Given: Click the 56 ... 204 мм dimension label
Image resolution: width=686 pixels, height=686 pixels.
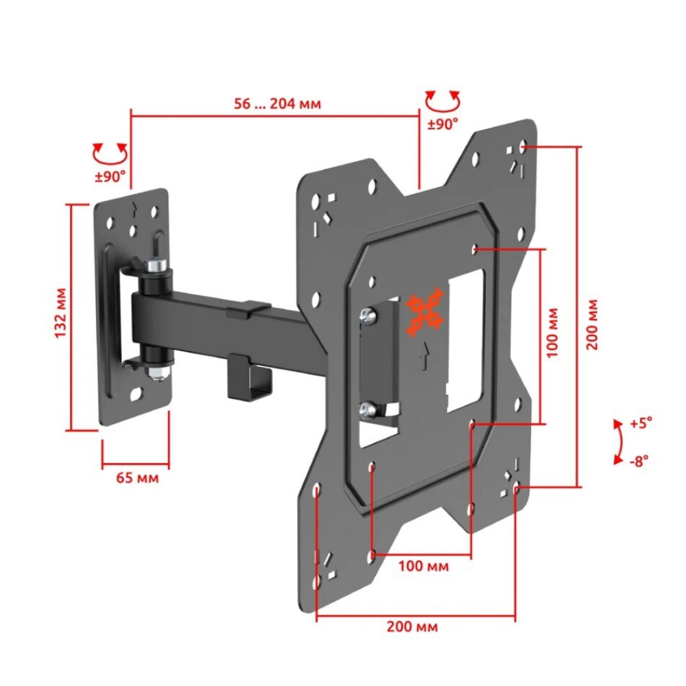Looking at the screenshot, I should click(277, 104).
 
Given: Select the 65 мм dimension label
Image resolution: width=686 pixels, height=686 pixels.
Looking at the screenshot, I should click(135, 477).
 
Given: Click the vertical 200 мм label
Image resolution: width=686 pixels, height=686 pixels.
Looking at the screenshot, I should click(593, 324).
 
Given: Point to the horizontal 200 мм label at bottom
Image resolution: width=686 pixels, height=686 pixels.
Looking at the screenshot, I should click(412, 626).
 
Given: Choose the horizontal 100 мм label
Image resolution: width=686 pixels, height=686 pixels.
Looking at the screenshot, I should click(424, 567).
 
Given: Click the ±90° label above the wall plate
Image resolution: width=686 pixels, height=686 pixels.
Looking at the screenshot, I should click(110, 176).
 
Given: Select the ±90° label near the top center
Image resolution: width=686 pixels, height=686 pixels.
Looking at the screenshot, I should click(442, 125).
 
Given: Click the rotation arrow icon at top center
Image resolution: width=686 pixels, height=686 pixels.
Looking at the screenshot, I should click(442, 102).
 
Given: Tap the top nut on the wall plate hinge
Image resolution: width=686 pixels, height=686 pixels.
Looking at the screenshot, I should click(156, 264).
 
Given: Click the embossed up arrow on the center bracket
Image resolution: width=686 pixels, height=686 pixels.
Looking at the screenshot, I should click(427, 356).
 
